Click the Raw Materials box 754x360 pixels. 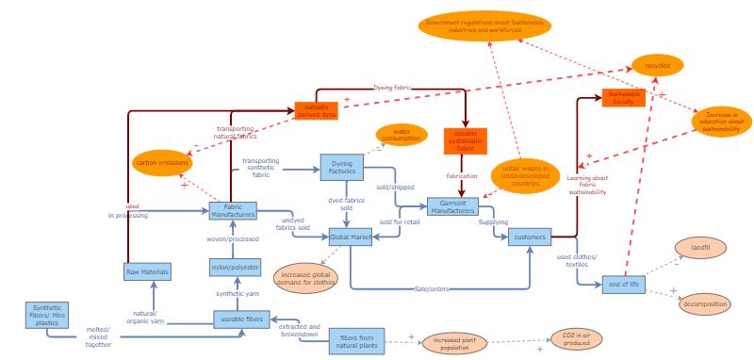(148, 271)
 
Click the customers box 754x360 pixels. (529, 237)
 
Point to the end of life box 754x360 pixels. (623, 285)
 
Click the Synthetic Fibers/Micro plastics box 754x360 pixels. (47, 314)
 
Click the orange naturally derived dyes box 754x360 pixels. (317, 112)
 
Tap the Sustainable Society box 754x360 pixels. (622, 97)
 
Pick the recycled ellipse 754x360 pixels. (657, 66)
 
